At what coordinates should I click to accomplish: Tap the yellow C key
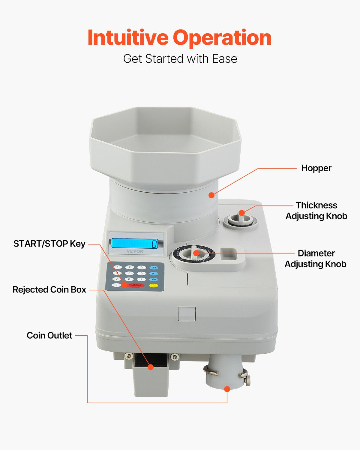[x=154, y=285]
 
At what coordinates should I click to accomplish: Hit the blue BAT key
[x=154, y=274]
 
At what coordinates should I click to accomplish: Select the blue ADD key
[x=154, y=279]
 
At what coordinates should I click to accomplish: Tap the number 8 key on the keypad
[x=129, y=279]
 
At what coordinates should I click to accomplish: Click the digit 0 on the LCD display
[x=154, y=244]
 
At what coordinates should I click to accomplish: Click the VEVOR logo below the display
[x=135, y=251]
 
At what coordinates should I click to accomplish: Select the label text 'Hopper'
[x=316, y=168]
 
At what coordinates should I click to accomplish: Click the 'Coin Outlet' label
[x=49, y=335]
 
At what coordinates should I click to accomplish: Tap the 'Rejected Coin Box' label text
[x=49, y=289]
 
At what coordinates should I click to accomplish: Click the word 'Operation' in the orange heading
[x=222, y=38]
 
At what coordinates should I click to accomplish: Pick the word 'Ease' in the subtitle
[x=225, y=59]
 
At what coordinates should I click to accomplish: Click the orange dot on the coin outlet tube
[x=227, y=389]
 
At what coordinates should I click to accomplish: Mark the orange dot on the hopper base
[x=211, y=195]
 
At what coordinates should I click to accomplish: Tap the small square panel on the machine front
[x=187, y=314]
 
